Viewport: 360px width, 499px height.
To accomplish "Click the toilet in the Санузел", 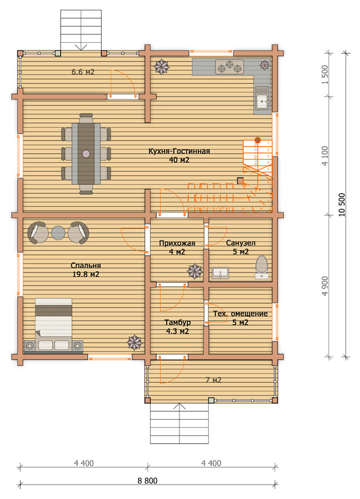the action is coord(261,267).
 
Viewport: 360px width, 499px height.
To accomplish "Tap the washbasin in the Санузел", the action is coord(220,273).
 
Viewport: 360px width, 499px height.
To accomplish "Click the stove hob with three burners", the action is coord(229,67).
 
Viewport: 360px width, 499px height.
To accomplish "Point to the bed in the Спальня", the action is coord(53,325).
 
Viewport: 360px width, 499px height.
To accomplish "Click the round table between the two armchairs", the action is coord(58,233).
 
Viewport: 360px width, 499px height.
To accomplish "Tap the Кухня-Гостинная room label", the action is coord(179,151).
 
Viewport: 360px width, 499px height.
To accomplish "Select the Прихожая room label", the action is coord(177,244).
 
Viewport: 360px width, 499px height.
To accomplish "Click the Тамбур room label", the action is coord(177,322).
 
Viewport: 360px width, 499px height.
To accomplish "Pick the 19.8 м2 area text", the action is coord(86,274).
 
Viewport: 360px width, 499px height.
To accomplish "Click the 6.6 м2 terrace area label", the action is coord(83,72).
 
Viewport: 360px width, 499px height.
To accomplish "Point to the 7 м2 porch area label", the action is coord(213,380).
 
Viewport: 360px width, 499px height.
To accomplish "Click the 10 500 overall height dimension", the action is coord(342,205).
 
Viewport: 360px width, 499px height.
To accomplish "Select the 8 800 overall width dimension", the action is coord(148,481).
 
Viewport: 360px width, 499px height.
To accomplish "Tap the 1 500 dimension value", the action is coord(324,74).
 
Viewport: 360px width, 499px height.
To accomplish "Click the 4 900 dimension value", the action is coord(324,286).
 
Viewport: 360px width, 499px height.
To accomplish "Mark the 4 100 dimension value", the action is coord(324,156).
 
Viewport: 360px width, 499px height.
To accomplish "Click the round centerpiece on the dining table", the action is coord(86,154).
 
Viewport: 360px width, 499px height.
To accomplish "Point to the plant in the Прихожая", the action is coord(194,271).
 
